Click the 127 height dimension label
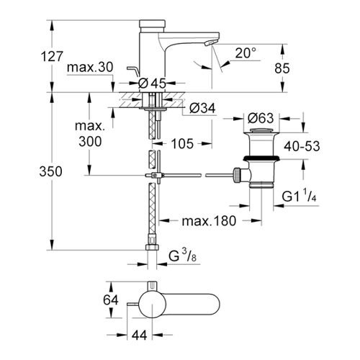tap(52, 57)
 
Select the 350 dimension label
tap(50, 172)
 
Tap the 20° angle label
tap(246, 53)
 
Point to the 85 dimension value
tap(282, 68)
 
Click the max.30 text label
tap(90, 68)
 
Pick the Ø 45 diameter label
tap(153, 84)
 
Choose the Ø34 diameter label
tap(202, 109)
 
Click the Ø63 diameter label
tap(261, 118)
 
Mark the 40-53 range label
tap(302, 146)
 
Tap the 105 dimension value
tap(182, 144)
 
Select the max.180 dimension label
tap(209, 221)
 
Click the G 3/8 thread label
tap(183, 256)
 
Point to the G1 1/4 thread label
tap(299, 196)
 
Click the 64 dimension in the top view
tap(111, 300)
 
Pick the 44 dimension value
tap(140, 335)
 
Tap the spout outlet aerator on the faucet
tap(210, 43)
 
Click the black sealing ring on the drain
tap(261, 158)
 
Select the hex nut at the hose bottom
tap(152, 247)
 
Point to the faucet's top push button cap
tap(153, 24)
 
